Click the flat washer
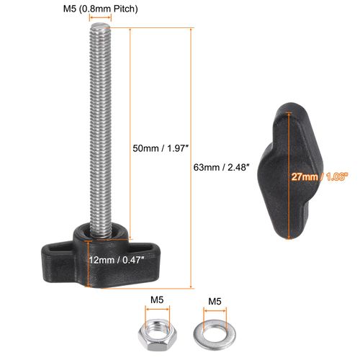(x=215, y=335)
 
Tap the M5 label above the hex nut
(x=157, y=300)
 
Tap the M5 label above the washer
(x=215, y=302)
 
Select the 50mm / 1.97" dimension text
(x=160, y=148)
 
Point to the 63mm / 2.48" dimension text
(x=220, y=167)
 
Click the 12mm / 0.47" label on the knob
(x=117, y=260)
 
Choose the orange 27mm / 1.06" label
(x=320, y=177)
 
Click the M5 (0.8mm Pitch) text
(x=101, y=9)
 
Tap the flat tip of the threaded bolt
(x=100, y=25)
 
